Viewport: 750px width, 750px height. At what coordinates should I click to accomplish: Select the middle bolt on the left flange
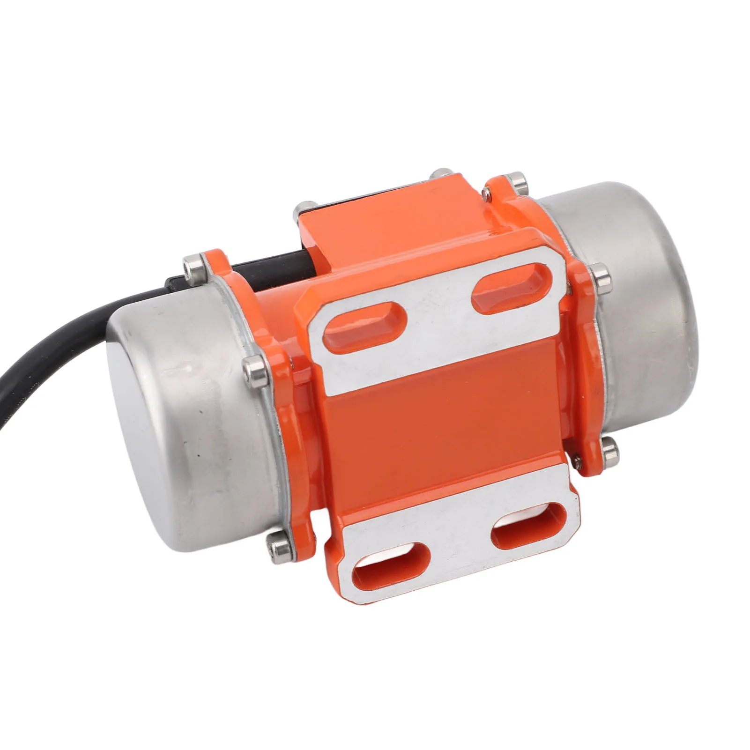pos(254,366)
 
